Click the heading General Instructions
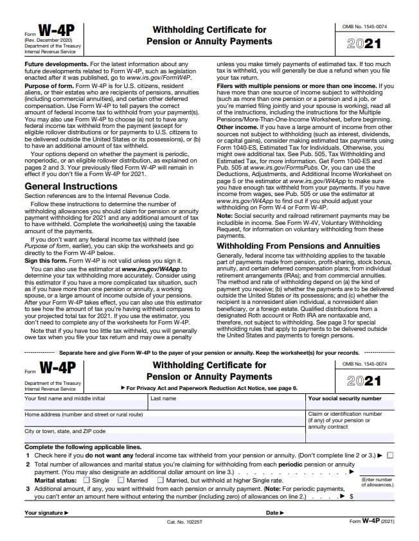(71, 186)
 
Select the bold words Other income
(236, 127)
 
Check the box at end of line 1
(390, 456)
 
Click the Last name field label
(163, 398)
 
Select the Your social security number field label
(344, 398)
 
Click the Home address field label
(84, 414)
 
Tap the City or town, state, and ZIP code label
(65, 431)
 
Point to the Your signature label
(46, 513)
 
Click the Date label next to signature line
(274, 513)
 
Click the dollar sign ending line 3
(352, 496)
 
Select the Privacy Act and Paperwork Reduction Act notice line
(209, 388)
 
